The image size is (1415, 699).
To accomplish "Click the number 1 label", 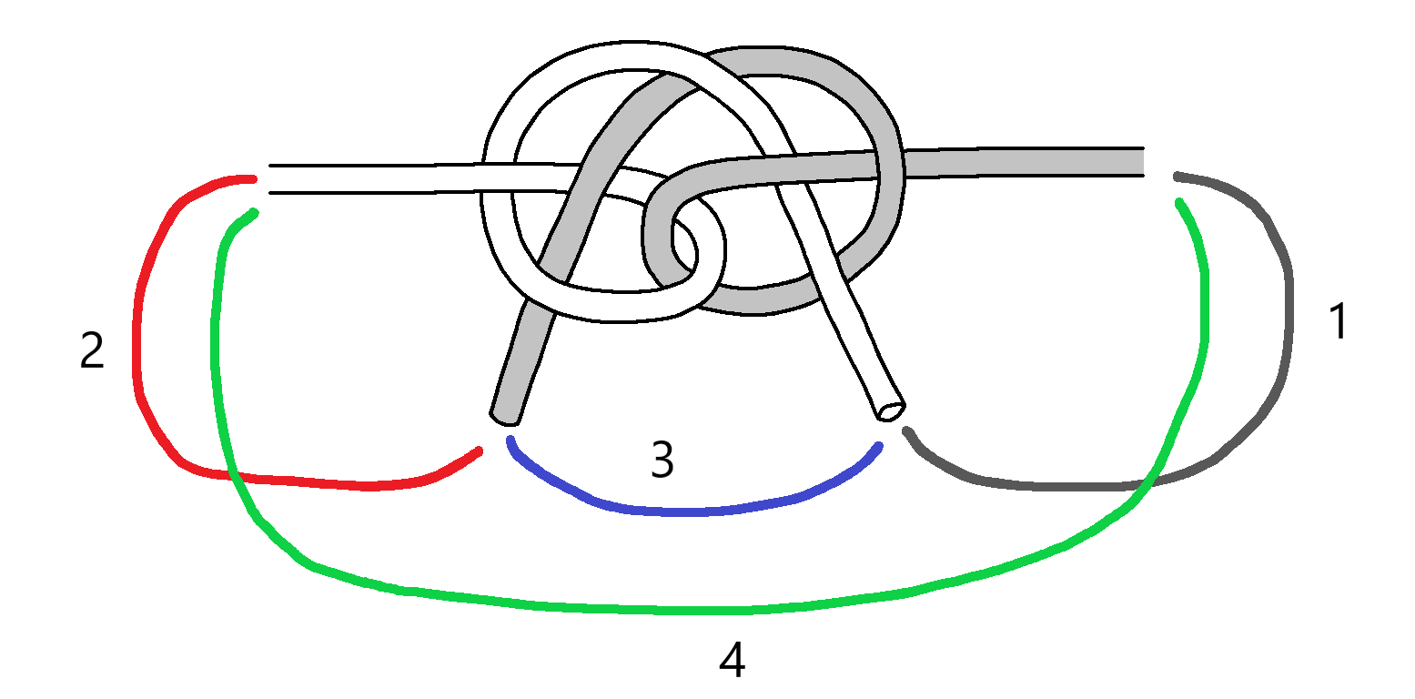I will click(x=1337, y=322).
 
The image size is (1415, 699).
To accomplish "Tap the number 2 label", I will click(x=92, y=351).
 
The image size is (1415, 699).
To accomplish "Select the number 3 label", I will click(x=662, y=461).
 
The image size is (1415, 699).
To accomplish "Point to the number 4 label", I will click(x=732, y=662).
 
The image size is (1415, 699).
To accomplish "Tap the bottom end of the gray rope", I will click(x=505, y=417).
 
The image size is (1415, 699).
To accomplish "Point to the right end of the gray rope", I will click(x=1141, y=161).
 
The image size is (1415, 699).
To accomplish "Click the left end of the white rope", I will click(x=270, y=179).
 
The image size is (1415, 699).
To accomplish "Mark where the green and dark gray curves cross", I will click(x=1148, y=481).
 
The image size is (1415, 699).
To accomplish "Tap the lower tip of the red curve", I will click(x=479, y=451).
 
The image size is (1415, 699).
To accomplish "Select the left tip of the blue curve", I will click(x=510, y=440).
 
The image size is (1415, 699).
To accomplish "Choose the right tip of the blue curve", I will click(x=879, y=445).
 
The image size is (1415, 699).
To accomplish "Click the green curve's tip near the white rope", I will click(x=255, y=212).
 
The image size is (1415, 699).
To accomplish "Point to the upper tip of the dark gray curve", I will click(x=1177, y=175).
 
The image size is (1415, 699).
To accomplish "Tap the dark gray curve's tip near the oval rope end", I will click(x=905, y=431).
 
